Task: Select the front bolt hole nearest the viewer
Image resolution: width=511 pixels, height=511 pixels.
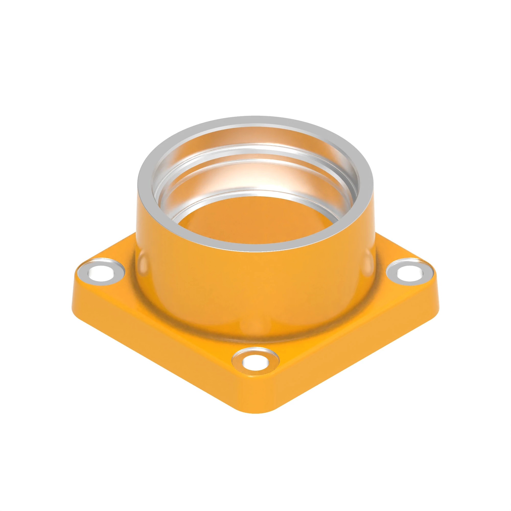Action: pos(255,362)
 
